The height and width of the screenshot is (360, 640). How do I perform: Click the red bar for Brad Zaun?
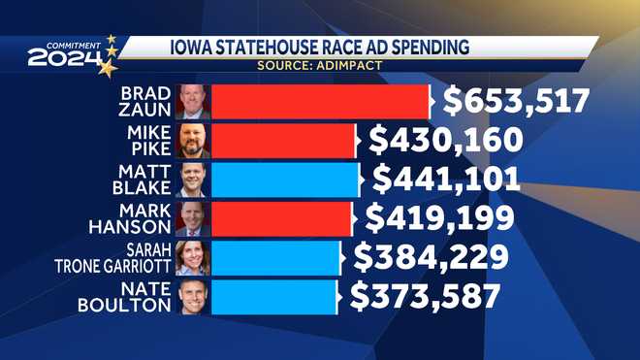[x=320, y=102]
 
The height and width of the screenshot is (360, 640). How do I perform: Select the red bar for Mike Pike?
[x=283, y=141]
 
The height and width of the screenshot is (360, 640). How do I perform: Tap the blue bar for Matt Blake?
[x=285, y=180]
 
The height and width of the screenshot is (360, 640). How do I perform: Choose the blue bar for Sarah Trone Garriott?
[x=275, y=257]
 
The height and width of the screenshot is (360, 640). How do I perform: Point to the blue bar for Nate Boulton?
[x=273, y=296]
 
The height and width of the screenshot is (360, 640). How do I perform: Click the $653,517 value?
[x=515, y=101]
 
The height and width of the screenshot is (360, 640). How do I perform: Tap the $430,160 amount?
[x=446, y=140]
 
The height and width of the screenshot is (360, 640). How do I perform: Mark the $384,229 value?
[x=429, y=256]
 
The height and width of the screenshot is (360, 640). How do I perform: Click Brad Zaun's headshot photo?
[x=193, y=102]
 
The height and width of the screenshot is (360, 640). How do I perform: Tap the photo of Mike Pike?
[x=193, y=141]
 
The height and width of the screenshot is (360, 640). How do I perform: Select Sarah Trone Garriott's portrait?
[x=193, y=257]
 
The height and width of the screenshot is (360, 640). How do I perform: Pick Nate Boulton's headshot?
[x=193, y=296]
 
